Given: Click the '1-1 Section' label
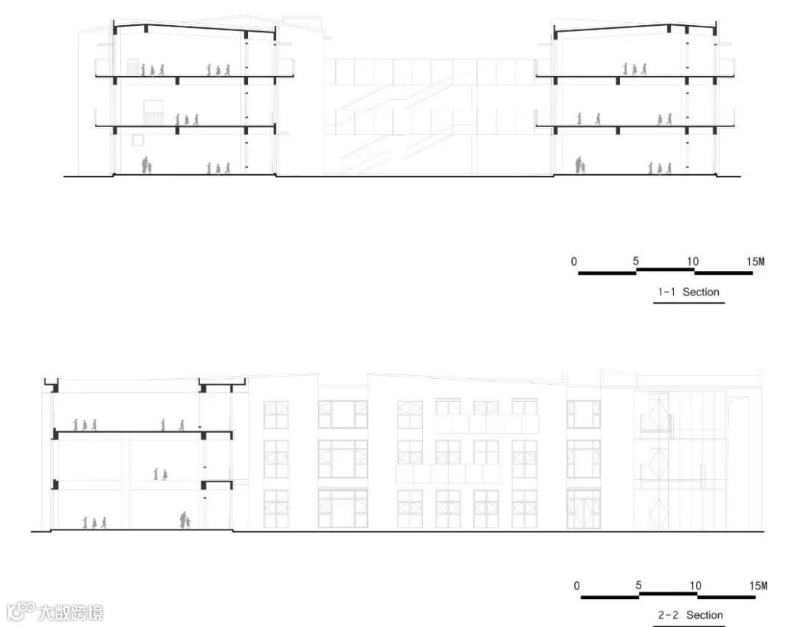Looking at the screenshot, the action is [x=688, y=292].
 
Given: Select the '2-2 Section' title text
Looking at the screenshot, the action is [x=691, y=615].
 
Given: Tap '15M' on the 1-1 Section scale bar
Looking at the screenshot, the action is [x=755, y=261].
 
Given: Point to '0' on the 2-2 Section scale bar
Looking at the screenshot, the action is [x=576, y=586].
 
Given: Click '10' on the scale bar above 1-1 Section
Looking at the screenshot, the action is [x=692, y=261].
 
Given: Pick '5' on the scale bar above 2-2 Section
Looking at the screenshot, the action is [x=638, y=586].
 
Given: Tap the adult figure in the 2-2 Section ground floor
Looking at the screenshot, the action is [x=183, y=520].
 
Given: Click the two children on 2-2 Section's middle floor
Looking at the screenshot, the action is [x=160, y=474].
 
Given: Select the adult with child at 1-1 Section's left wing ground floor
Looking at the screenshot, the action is [x=146, y=165].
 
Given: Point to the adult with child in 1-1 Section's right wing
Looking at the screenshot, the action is [x=579, y=165].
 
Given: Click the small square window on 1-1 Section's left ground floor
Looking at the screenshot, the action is [x=137, y=140].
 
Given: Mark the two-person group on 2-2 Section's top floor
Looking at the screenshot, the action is [x=172, y=425].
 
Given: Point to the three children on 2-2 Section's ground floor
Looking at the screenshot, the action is [x=94, y=522].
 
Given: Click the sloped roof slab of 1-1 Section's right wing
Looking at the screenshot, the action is [x=635, y=28].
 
